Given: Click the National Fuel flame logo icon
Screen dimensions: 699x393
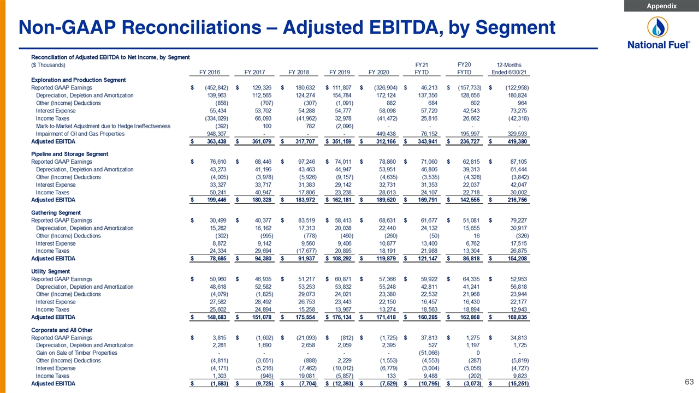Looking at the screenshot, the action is [x=658, y=27].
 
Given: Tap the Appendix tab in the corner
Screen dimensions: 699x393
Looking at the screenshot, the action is [x=661, y=6].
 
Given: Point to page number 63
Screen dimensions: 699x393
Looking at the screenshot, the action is [x=689, y=382].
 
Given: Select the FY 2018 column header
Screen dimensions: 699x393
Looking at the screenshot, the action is [x=299, y=73].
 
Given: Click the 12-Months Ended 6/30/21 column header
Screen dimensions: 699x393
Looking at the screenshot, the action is [x=509, y=69].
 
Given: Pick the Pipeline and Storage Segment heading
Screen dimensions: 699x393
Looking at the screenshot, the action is [x=69, y=154].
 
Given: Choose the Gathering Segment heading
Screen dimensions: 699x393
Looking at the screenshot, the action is [x=56, y=213].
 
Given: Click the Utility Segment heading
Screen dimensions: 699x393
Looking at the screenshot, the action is [x=51, y=271].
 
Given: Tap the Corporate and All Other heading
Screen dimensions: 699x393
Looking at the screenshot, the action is [x=62, y=330].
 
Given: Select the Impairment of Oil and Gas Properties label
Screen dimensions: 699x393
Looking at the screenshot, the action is [x=80, y=134].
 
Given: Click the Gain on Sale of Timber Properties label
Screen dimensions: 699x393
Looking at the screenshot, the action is [x=76, y=353].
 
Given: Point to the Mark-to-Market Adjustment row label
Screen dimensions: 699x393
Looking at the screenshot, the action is [x=103, y=126].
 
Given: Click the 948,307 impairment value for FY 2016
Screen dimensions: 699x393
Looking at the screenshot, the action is [x=217, y=134].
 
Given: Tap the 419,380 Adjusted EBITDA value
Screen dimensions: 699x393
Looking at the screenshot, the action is [x=517, y=141].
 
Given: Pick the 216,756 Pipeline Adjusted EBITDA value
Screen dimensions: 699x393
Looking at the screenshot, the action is [x=517, y=200].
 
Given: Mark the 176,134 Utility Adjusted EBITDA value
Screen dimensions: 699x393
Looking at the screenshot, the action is [x=342, y=317].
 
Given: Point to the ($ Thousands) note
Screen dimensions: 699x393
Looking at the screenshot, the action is [x=48, y=65].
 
